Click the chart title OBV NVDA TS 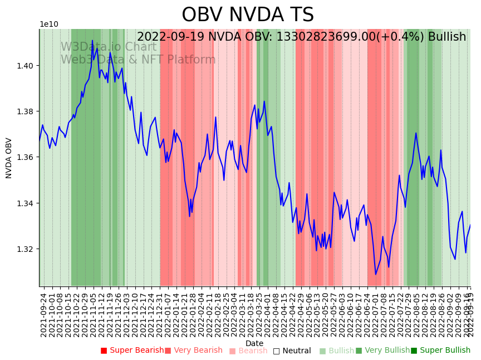coord(248,15)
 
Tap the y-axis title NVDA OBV coord(9,158)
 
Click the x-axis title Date coord(254,343)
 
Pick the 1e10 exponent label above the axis coord(48,25)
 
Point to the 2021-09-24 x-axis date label coord(44,315)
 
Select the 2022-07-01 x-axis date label coord(375,315)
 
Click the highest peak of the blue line coord(92,41)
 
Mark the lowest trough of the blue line coord(376,274)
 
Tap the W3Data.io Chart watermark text coord(109,47)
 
